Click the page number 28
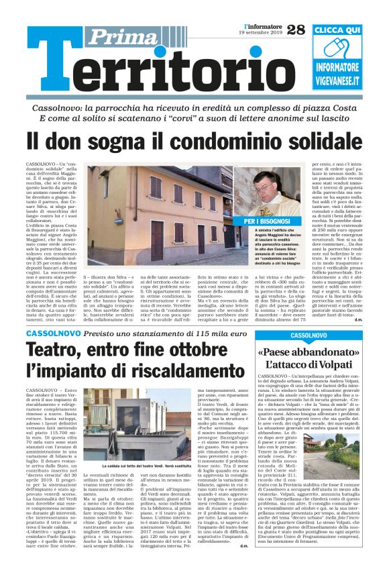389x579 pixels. point(296,29)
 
